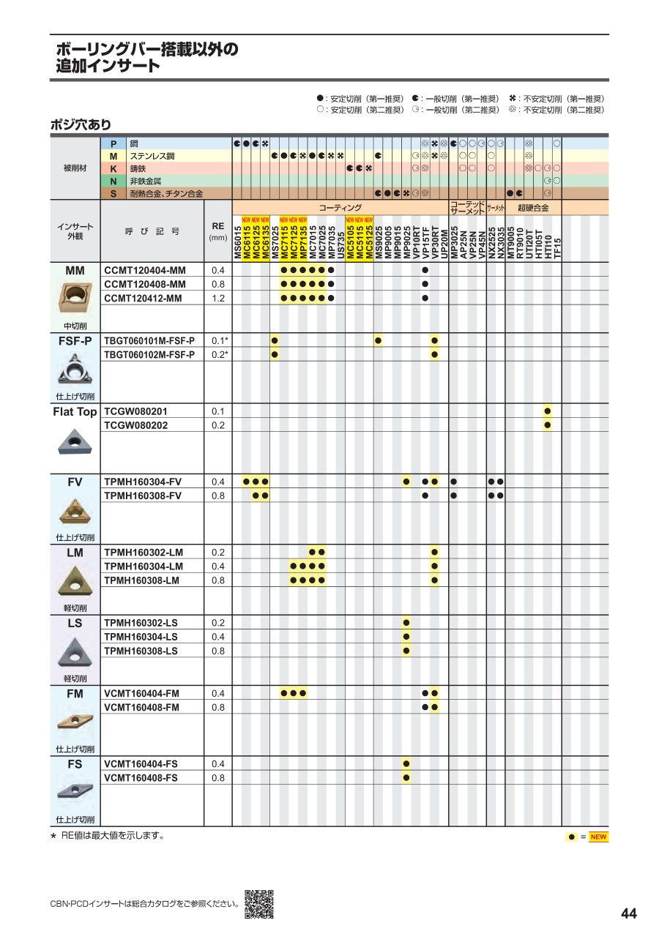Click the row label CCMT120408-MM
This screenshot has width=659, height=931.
[x=145, y=284]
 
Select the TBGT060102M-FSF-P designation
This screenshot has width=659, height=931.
[x=149, y=354]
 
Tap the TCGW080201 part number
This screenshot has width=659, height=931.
[x=136, y=411]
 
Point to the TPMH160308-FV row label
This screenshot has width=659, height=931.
[x=143, y=496]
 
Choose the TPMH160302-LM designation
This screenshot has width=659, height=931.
[x=144, y=552]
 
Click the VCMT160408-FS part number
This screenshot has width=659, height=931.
[x=141, y=777]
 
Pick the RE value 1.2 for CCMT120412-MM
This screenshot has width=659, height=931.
[x=217, y=298]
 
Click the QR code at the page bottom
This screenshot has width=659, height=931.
[x=258, y=904]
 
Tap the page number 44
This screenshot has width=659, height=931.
[x=628, y=913]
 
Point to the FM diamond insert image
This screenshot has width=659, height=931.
[x=75, y=722]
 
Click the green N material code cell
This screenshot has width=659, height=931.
[x=113, y=181]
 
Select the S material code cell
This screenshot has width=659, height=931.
[x=113, y=193]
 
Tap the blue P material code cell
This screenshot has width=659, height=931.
[x=113, y=143]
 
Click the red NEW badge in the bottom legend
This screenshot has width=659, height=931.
[x=598, y=837]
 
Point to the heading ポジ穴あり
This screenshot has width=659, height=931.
[x=81, y=125]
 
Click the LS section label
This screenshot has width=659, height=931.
[x=75, y=623]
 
